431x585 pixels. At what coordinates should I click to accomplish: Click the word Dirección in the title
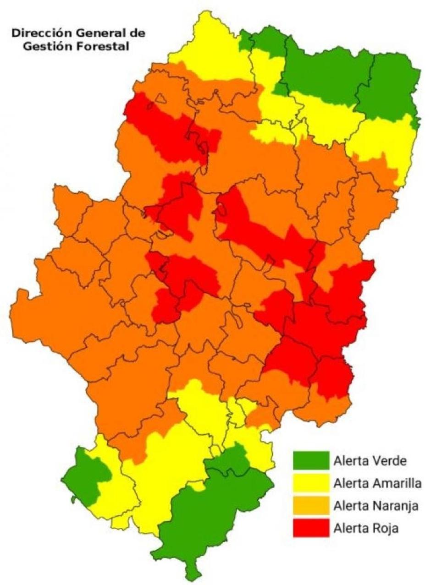click(x=35, y=33)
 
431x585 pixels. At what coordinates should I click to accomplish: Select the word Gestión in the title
click(x=45, y=46)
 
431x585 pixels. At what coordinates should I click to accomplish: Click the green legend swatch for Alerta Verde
click(x=311, y=460)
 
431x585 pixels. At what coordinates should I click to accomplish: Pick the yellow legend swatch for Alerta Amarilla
click(x=311, y=482)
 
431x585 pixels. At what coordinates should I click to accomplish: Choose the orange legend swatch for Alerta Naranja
click(x=311, y=505)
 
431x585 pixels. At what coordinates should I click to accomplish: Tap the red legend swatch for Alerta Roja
click(x=311, y=528)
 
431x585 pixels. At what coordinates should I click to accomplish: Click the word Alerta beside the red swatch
click(x=349, y=528)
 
